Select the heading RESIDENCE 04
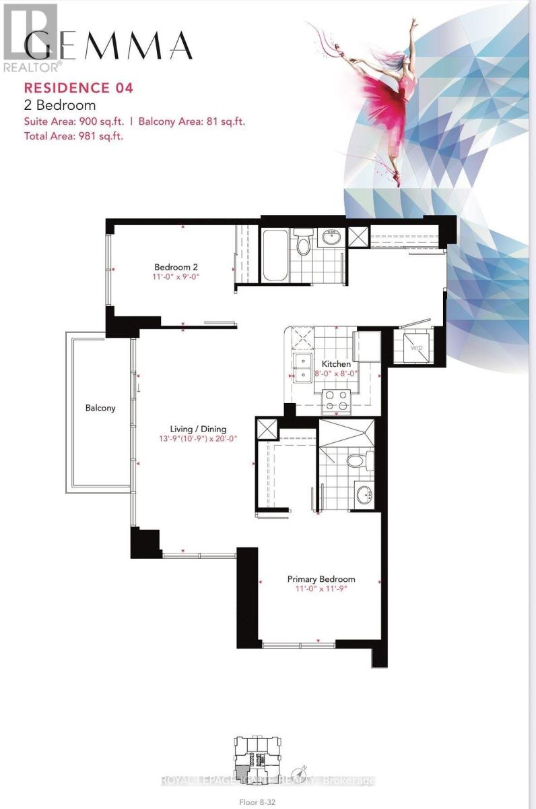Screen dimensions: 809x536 tap(79, 87)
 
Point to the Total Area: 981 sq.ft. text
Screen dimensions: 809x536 tap(73, 136)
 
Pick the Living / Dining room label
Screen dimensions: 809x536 tap(198, 429)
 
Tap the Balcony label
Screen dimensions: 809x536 tap(100, 408)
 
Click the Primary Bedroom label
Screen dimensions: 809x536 tap(321, 579)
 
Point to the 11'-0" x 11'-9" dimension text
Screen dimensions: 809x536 tap(321, 589)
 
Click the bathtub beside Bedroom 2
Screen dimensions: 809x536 tap(274, 256)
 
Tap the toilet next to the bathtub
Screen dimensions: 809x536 tap(303, 243)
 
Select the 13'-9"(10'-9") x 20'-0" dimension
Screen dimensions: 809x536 tap(198, 439)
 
